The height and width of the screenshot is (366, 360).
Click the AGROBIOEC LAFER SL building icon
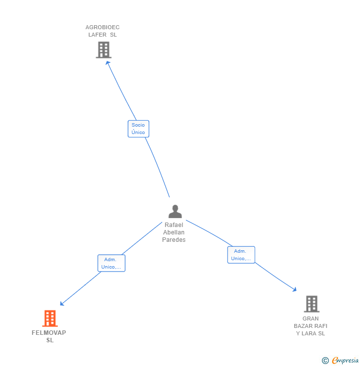click(103, 50)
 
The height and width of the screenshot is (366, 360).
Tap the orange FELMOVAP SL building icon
click(50, 319)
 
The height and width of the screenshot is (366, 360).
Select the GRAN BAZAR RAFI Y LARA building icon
click(311, 304)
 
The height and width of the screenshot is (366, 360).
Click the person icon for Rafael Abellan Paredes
click(175, 212)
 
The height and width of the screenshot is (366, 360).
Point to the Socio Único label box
click(138, 129)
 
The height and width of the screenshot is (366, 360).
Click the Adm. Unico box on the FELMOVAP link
click(111, 263)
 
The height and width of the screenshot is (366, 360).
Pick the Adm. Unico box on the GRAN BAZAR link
click(241, 255)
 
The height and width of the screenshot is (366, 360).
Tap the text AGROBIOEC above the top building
click(102, 27)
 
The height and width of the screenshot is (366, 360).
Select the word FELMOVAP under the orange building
click(49, 333)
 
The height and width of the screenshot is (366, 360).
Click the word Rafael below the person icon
click(174, 225)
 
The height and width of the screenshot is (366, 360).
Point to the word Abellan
click(174, 232)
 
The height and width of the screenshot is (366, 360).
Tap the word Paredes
click(174, 240)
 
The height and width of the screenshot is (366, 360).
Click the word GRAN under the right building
click(311, 319)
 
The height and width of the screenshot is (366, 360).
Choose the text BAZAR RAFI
click(311, 326)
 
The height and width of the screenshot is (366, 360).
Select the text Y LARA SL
click(311, 333)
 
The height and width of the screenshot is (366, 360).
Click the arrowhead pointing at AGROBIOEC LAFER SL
click(107, 62)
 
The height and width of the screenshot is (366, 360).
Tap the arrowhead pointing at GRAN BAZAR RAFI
click(295, 290)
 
